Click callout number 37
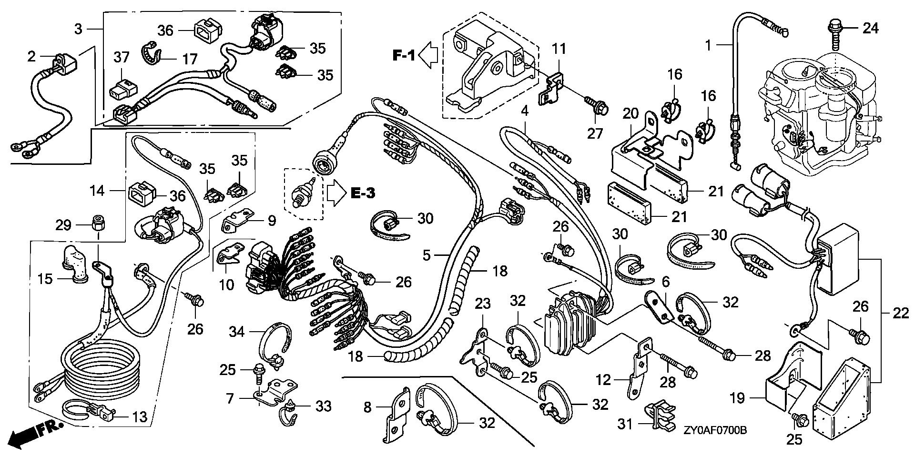(121, 58)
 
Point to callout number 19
(737, 397)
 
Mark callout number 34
(237, 332)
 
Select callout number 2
(31, 57)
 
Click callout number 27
(595, 133)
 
